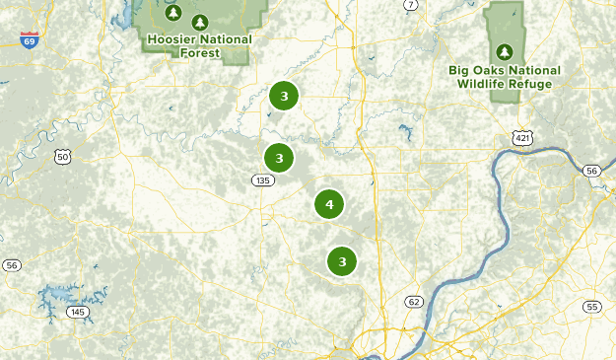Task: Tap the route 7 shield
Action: coord(410,5)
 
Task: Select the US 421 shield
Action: coord(521,137)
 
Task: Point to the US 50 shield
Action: coord(63,156)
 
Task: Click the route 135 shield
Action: coord(261,180)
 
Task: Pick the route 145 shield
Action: coord(78,313)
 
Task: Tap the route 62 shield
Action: coord(412,301)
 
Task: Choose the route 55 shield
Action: coord(591,307)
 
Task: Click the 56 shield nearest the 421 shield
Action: coord(591,171)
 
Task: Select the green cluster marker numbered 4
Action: coord(329,205)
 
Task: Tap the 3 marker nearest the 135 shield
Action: coord(280,158)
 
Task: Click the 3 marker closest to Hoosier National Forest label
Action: coord(284,96)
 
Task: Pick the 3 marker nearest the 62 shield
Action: coord(342,261)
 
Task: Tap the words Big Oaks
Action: coord(477,70)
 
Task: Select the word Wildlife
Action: coord(484,84)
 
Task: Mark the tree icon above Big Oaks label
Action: coord(505,51)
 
